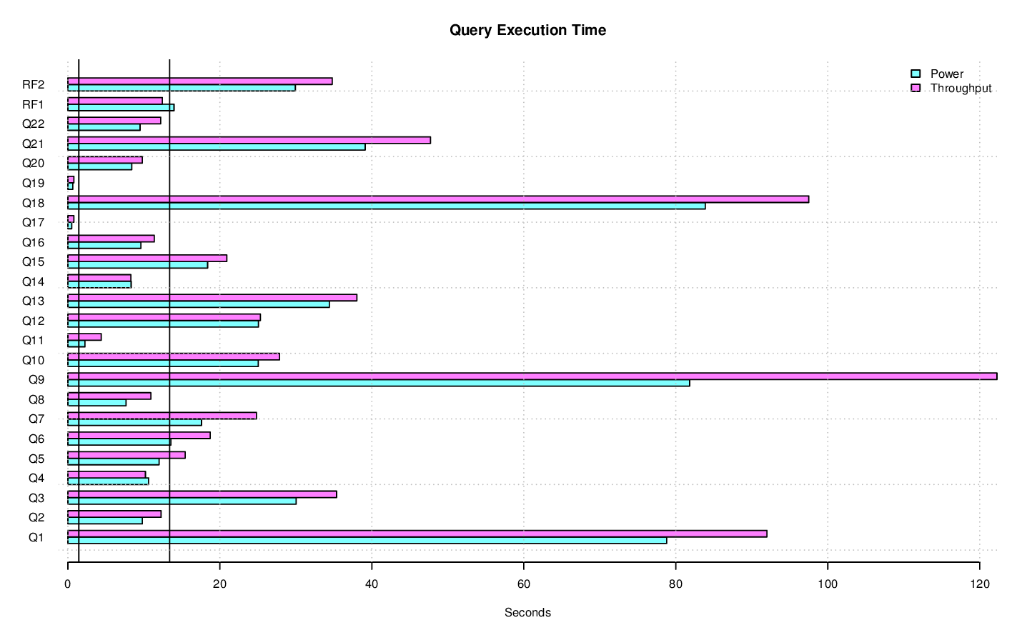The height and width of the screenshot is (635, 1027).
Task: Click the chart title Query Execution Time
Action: click(x=527, y=30)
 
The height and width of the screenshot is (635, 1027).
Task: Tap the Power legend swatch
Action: click(x=916, y=74)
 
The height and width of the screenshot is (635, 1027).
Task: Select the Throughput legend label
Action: click(x=961, y=89)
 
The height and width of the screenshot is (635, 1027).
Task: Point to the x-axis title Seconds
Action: click(x=527, y=613)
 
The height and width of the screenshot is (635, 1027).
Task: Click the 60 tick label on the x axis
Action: click(x=523, y=584)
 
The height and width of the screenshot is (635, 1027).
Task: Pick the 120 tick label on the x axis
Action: click(x=979, y=584)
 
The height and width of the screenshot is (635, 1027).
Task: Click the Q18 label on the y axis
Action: click(x=33, y=204)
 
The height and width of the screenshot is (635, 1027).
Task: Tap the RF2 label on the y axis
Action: click(x=33, y=85)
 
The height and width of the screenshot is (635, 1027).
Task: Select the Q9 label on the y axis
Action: click(x=36, y=380)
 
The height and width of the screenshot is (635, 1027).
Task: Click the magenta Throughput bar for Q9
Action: click(x=532, y=376)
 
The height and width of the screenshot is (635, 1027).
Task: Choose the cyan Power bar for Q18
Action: click(x=386, y=206)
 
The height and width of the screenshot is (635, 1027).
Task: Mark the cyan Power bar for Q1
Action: click(x=367, y=541)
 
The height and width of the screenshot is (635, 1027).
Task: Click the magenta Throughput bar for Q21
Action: click(x=249, y=140)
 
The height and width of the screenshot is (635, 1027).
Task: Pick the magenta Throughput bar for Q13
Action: click(x=212, y=298)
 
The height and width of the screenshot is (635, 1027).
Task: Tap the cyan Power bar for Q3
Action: click(x=182, y=501)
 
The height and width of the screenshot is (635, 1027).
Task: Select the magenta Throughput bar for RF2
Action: click(x=199, y=81)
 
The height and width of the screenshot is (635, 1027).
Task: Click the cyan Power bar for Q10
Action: click(x=163, y=364)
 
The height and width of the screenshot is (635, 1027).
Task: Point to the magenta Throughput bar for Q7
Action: click(x=162, y=416)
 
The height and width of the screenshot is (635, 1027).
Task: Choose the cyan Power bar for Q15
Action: click(x=137, y=265)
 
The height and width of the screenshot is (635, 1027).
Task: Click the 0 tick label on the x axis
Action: click(x=68, y=584)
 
